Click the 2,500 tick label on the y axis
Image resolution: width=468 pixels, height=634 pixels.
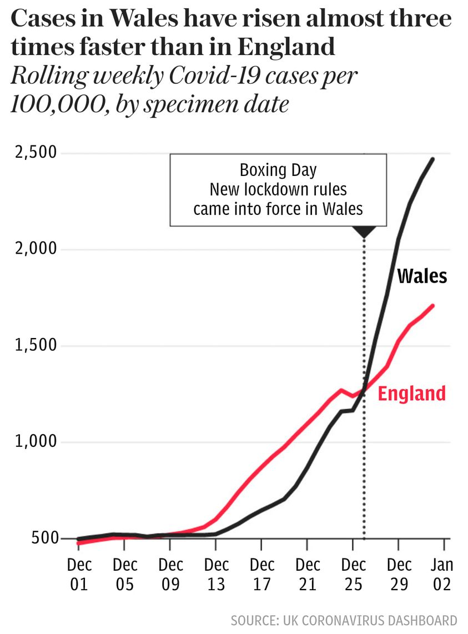pyautogui.click(x=34, y=153)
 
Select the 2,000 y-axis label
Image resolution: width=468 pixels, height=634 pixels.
pyautogui.click(x=34, y=249)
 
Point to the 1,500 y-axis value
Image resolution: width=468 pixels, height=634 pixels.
pyautogui.click(x=34, y=346)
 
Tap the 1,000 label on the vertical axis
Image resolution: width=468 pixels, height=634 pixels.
pyautogui.click(x=34, y=442)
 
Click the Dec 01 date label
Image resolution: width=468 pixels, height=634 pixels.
pyautogui.click(x=79, y=575)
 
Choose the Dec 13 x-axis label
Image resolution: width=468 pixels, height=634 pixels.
pyautogui.click(x=216, y=575)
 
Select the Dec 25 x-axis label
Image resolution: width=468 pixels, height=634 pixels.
pyautogui.click(x=353, y=575)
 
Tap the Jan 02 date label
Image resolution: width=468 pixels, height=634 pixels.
pyautogui.click(x=442, y=575)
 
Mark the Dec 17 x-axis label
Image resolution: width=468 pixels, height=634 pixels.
pyautogui.click(x=261, y=575)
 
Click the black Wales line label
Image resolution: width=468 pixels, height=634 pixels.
pyautogui.click(x=422, y=276)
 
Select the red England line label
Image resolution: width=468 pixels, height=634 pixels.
pyautogui.click(x=411, y=394)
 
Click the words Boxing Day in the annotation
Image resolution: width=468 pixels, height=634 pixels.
pyautogui.click(x=278, y=170)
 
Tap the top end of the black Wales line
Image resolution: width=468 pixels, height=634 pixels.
pyautogui.click(x=433, y=159)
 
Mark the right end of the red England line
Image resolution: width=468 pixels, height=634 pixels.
pyautogui.click(x=433, y=305)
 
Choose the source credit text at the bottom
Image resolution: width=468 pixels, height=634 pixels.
pyautogui.click(x=344, y=620)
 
